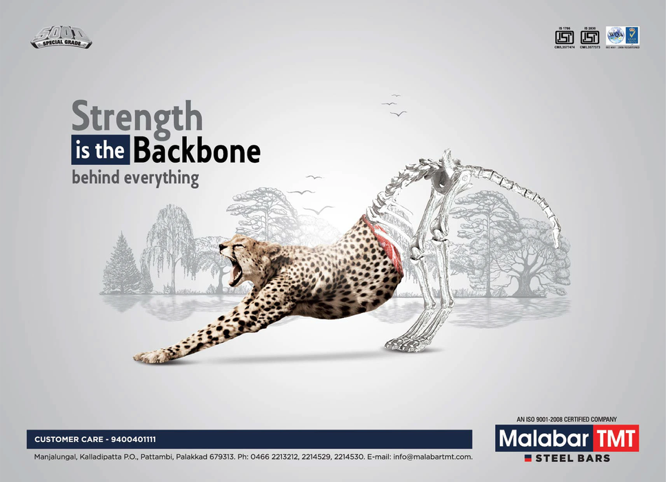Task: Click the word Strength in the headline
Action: [x=137, y=117]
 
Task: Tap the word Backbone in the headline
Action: [x=196, y=151]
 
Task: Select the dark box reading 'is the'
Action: [x=100, y=151]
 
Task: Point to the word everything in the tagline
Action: [x=161, y=178]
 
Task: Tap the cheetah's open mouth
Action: [x=235, y=272]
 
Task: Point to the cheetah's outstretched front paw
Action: [x=148, y=356]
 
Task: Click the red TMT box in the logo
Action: [x=616, y=438]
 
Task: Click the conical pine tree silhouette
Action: [x=122, y=265]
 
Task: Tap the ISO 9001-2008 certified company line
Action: [x=566, y=419]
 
